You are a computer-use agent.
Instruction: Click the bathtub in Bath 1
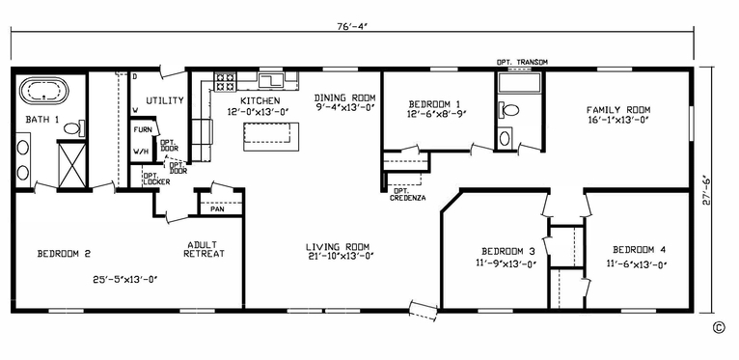point(41,95)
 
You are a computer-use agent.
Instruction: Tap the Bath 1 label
point(42,120)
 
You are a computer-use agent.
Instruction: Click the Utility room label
point(164,100)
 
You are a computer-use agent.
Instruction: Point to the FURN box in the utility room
point(142,129)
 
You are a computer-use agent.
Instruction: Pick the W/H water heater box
point(141,152)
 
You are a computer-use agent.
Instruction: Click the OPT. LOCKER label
point(156,179)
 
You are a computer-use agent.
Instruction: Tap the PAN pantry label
point(218,207)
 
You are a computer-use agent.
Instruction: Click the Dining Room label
point(344,98)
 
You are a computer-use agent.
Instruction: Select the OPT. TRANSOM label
point(522,63)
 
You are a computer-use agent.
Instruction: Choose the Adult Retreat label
point(205,249)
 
